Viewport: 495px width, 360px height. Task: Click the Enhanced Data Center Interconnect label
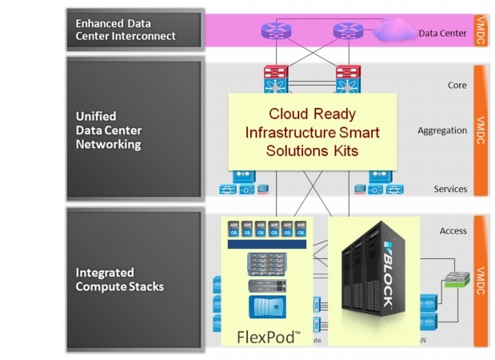click(126, 30)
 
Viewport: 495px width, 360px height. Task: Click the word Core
click(457, 85)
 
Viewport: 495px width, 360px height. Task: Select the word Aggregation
click(442, 130)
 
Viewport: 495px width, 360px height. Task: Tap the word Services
click(450, 190)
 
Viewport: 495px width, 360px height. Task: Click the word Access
click(453, 231)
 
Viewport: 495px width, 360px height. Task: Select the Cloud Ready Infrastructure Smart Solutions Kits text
click(312, 132)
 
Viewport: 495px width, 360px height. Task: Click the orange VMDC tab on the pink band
click(481, 29)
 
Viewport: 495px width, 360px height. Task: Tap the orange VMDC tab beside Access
click(481, 281)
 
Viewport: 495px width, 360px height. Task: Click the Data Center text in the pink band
click(441, 34)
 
